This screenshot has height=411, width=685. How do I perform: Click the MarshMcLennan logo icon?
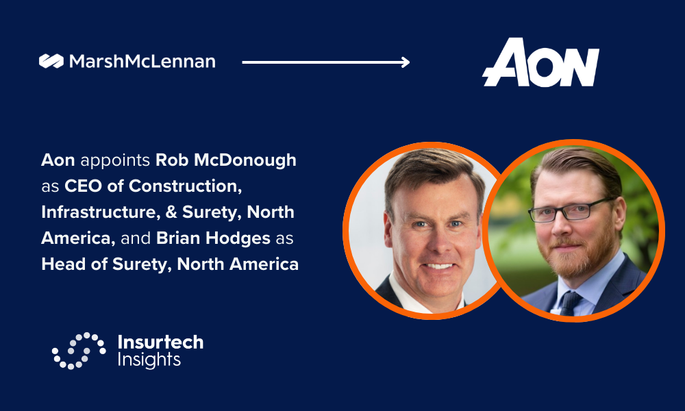tap(51, 61)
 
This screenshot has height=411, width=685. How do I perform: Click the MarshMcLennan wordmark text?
tap(142, 62)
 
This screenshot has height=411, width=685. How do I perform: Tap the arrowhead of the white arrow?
tap(406, 62)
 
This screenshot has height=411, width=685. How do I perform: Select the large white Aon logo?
tap(541, 62)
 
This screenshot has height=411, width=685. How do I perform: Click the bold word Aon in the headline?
tap(58, 160)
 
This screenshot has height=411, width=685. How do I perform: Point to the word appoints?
tap(115, 161)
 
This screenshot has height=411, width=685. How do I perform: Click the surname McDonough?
tap(245, 161)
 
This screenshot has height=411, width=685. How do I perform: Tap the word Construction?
tap(185, 186)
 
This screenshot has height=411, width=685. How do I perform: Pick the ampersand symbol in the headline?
tap(171, 212)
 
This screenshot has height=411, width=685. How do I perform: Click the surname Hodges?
tap(238, 239)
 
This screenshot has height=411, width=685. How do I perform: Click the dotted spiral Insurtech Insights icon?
tap(79, 351)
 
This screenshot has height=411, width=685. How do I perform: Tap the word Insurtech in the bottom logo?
tap(161, 342)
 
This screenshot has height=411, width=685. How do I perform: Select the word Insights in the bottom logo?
tap(149, 360)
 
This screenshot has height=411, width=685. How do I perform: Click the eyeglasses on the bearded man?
tap(570, 210)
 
